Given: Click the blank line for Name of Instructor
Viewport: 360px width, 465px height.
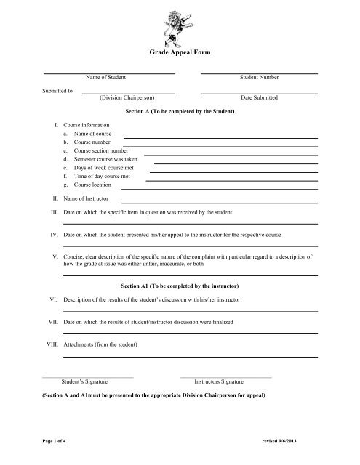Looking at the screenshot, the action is point(219,201).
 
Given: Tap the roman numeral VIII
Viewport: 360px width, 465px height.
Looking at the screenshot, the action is point(51,343).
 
